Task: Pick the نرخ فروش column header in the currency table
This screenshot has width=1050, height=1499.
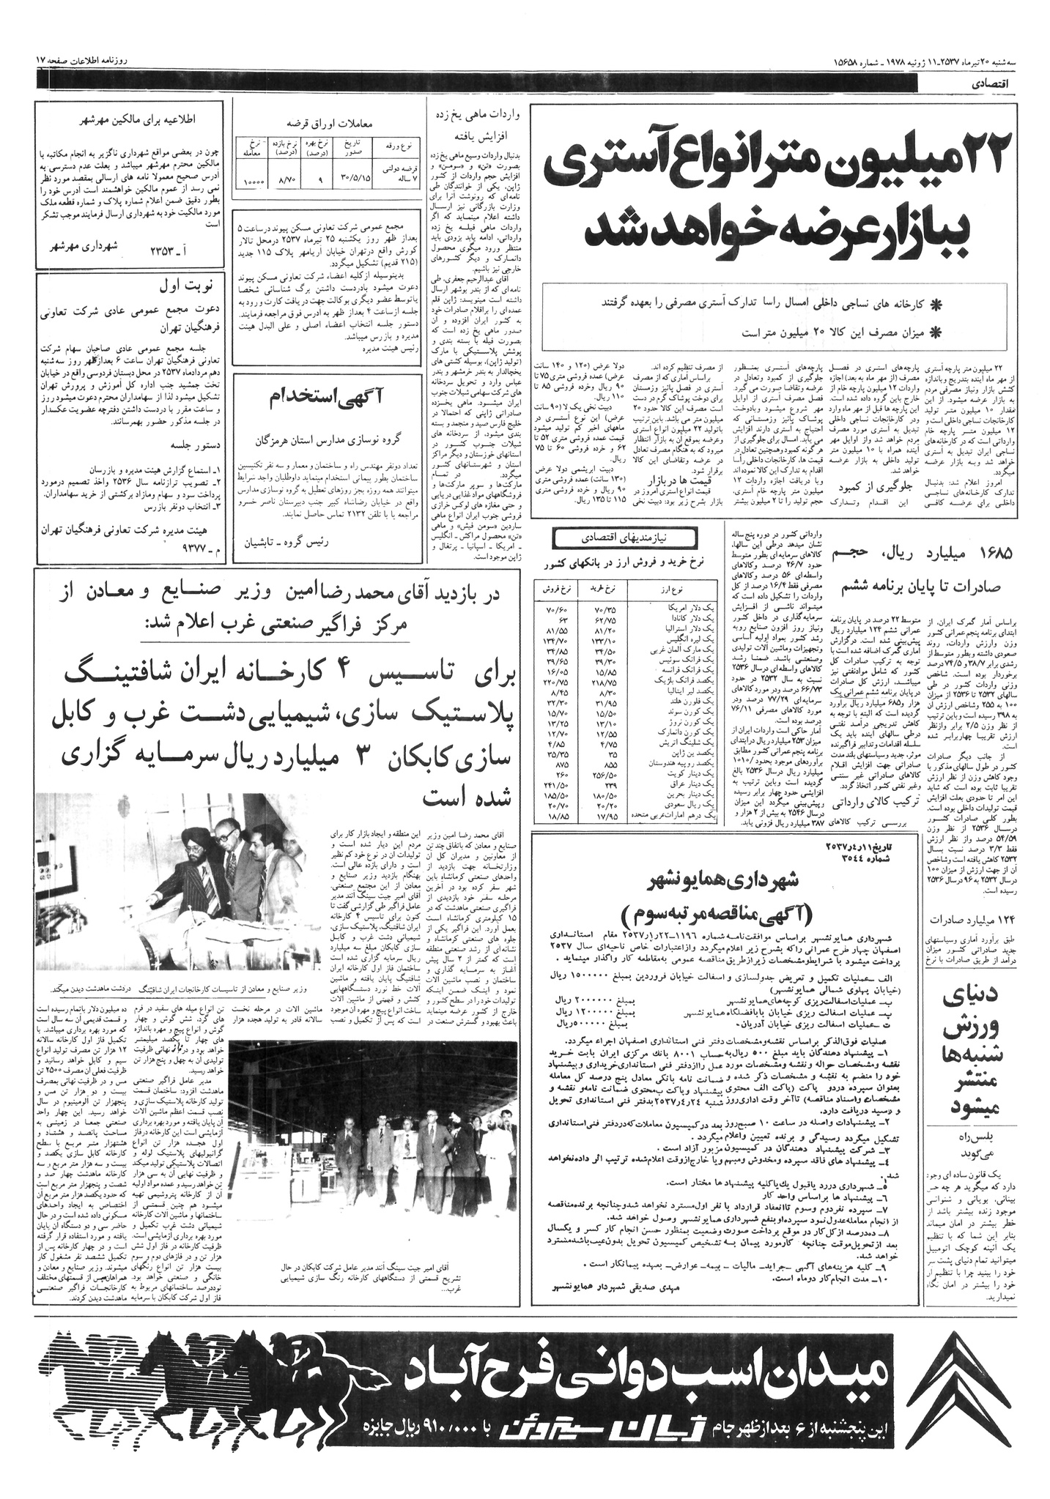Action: (x=557, y=589)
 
